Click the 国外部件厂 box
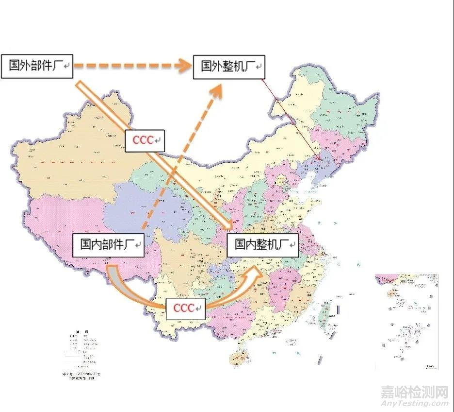pos(37,66)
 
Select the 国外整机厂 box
pos(229,66)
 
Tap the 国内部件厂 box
pos(108,245)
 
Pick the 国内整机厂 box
pos(262,244)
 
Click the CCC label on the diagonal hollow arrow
pos(145,140)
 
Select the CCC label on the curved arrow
pos(185,308)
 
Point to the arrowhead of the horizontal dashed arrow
pos(183,66)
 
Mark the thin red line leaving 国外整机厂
pos(291,119)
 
